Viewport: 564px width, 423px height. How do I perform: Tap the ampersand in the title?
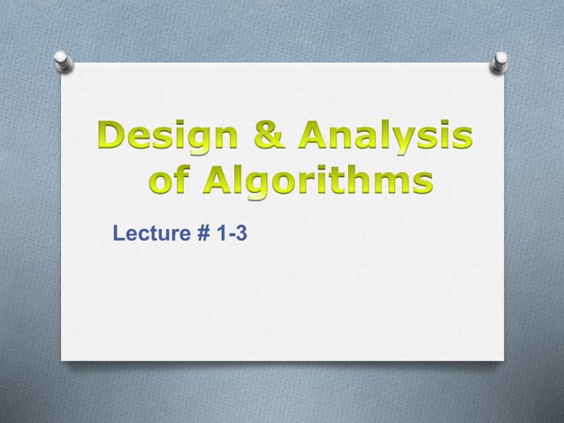click(x=269, y=139)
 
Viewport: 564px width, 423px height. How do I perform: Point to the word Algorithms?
click(x=320, y=184)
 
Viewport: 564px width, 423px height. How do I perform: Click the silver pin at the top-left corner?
click(x=64, y=59)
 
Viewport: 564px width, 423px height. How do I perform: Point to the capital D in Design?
click(x=112, y=139)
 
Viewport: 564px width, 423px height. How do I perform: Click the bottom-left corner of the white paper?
click(x=61, y=358)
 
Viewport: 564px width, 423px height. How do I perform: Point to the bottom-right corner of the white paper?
click(x=503, y=360)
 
